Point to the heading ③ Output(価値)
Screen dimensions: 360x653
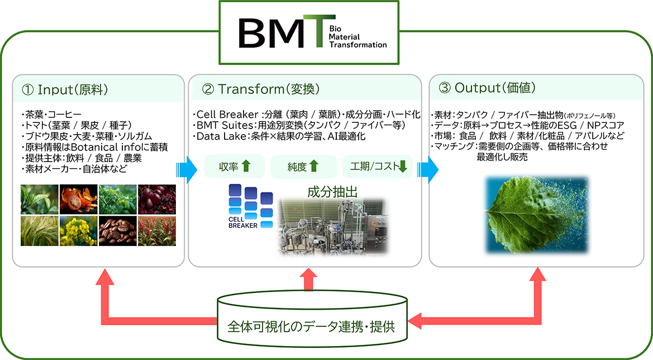click(488, 88)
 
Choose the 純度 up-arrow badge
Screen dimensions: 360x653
click(304, 166)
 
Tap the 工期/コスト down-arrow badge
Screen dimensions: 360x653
click(376, 166)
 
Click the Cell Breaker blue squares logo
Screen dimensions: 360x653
click(250, 201)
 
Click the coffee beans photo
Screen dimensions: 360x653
click(117, 231)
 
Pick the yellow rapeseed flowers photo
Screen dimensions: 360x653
click(79, 231)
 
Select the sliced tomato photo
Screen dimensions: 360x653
click(79, 199)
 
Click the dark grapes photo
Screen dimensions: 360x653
click(157, 199)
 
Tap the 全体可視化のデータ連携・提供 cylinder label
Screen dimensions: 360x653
click(311, 326)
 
